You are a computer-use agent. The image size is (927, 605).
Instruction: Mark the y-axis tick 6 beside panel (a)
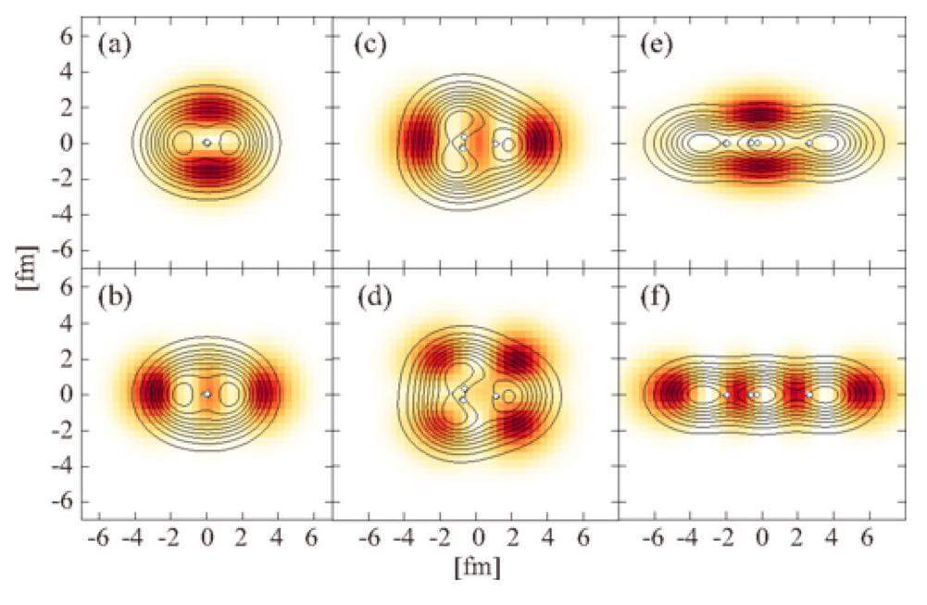pyautogui.click(x=68, y=35)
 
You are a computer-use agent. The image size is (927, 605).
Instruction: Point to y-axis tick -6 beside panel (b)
pyautogui.click(x=63, y=501)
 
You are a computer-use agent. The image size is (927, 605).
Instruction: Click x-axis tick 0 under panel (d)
pyautogui.click(x=477, y=536)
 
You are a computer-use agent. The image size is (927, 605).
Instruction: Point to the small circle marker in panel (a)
pyautogui.click(x=207, y=143)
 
